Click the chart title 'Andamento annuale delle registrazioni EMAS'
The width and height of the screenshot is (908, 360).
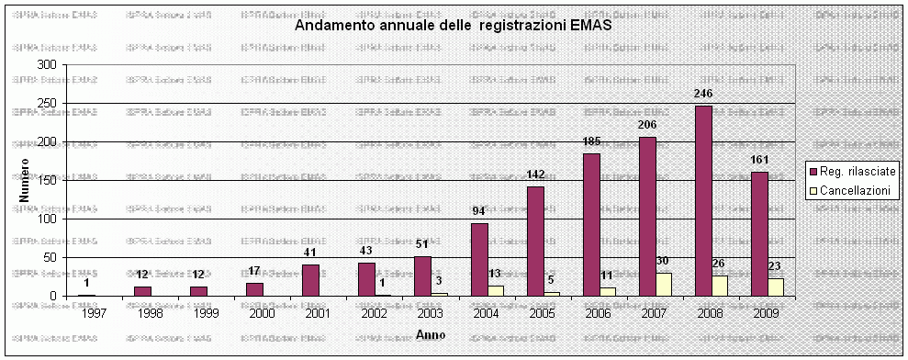click(453, 26)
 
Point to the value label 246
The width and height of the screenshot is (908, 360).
click(704, 94)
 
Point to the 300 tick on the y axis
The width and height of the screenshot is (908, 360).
click(46, 65)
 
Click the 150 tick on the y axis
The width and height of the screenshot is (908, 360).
click(46, 181)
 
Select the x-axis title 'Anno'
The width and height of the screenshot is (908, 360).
click(430, 334)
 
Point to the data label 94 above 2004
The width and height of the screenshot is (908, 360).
click(479, 211)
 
